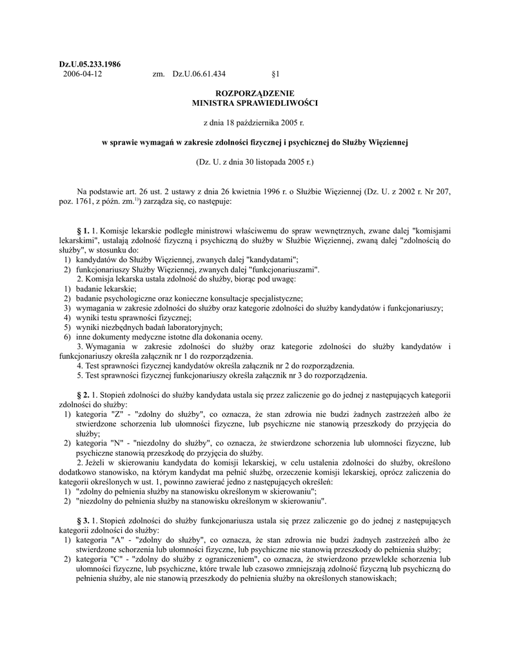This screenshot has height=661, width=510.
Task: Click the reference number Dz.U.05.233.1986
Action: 90,65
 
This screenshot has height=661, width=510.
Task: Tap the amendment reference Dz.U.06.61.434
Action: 199,74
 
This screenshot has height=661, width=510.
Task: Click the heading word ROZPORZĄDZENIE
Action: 255,94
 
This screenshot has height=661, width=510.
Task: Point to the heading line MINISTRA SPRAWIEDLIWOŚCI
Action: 255,103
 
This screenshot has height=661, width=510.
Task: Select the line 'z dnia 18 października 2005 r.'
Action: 255,123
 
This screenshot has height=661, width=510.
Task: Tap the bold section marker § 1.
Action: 83,230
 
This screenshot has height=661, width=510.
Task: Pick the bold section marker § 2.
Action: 83,394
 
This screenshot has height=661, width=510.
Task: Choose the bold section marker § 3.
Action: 83,520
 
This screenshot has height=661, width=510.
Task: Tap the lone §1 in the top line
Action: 276,74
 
